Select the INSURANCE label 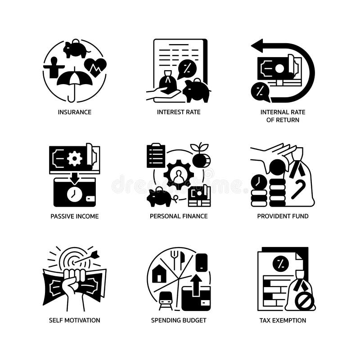tap(75, 112)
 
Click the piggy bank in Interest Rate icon tap(197, 91)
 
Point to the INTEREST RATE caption tap(179, 112)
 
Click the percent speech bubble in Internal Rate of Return tap(260, 91)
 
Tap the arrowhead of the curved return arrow tap(257, 45)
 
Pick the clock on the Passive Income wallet tap(74, 194)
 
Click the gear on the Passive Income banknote tap(74, 158)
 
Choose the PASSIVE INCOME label tap(75, 216)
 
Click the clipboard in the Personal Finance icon tap(156, 155)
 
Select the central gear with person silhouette tap(179, 174)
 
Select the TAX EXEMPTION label tap(283, 320)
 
